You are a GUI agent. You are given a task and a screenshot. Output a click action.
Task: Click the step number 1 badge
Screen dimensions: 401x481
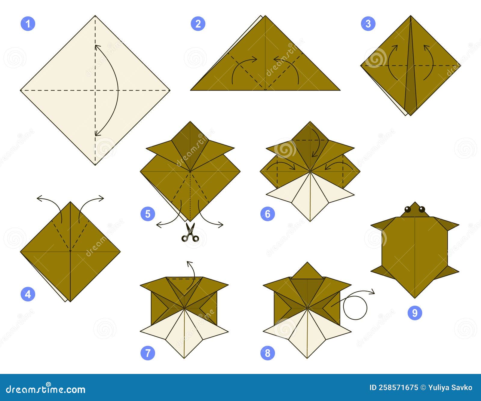pyautogui.click(x=28, y=24)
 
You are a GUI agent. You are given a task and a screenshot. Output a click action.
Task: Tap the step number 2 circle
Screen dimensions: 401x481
pyautogui.click(x=198, y=24)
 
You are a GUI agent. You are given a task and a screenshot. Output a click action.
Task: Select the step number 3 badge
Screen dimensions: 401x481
pyautogui.click(x=368, y=24)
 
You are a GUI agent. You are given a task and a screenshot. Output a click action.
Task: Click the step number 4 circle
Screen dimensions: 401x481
pyautogui.click(x=28, y=294)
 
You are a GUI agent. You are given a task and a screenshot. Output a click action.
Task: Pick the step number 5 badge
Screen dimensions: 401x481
pyautogui.click(x=148, y=214)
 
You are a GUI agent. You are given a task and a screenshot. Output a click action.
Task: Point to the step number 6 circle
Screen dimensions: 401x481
pyautogui.click(x=268, y=214)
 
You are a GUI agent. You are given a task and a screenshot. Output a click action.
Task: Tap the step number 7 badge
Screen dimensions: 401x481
pyautogui.click(x=148, y=353)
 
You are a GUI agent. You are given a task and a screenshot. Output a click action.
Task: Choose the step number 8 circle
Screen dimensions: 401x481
pyautogui.click(x=268, y=353)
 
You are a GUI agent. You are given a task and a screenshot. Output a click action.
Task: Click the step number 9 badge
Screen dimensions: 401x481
pyautogui.click(x=415, y=313)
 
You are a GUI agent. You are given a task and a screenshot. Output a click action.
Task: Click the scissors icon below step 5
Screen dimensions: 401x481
pyautogui.click(x=190, y=233)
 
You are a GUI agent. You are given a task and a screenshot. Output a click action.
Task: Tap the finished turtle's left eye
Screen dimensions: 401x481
pyautogui.click(x=408, y=209)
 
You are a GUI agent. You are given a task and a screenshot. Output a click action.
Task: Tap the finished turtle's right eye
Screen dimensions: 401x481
pyautogui.click(x=422, y=209)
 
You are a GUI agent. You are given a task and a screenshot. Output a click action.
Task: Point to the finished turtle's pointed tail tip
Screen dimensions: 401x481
pyautogui.click(x=415, y=297)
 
